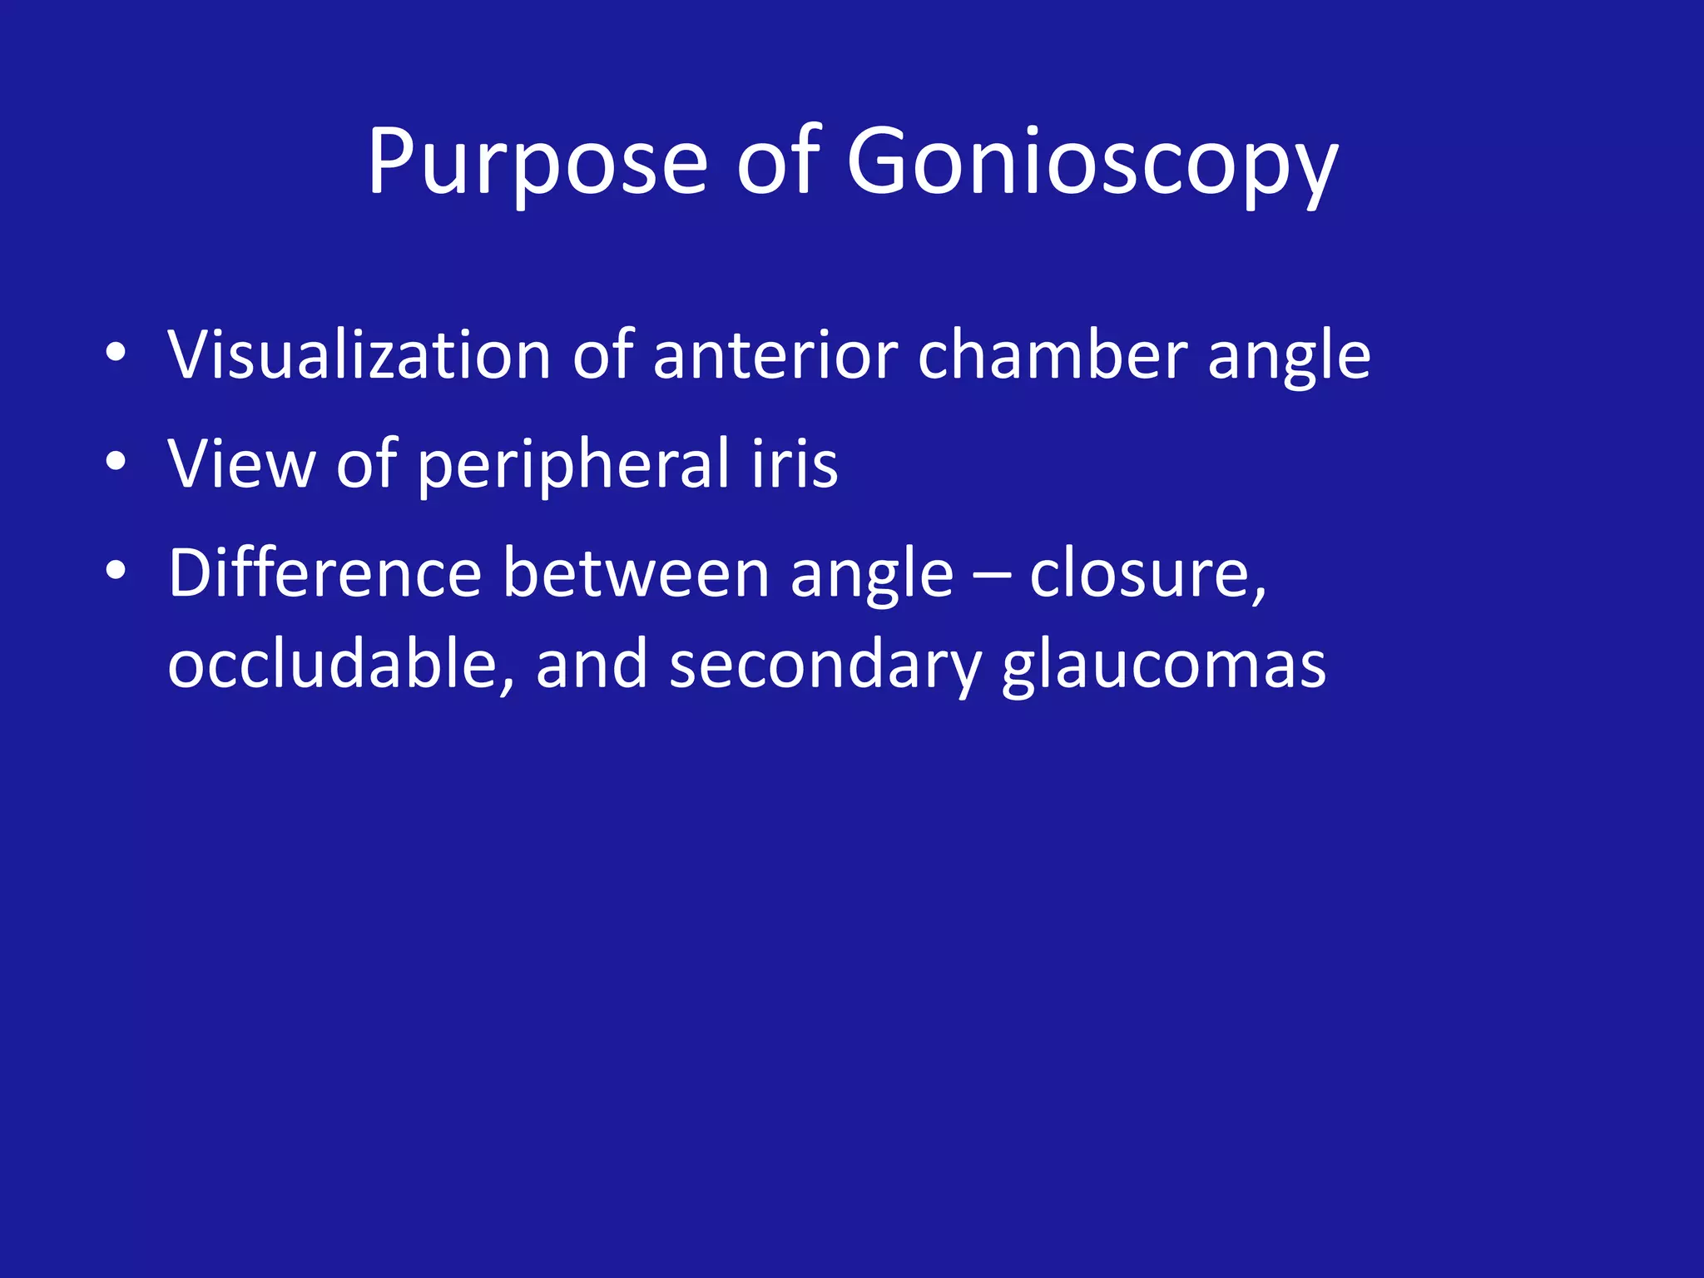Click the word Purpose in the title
(x=537, y=163)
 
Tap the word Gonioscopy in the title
(x=1092, y=163)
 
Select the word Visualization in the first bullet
(x=359, y=355)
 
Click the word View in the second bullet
(x=241, y=463)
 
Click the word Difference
(x=324, y=573)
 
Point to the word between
(x=636, y=573)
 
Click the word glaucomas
(x=1163, y=666)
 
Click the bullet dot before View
(x=116, y=461)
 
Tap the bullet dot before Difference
(x=116, y=571)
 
